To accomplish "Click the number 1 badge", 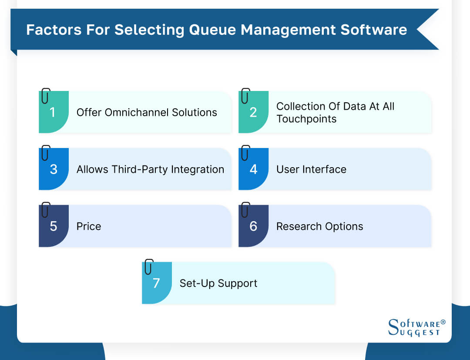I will [x=53, y=112].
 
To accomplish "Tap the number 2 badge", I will [x=253, y=112].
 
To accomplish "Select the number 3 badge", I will [x=53, y=169].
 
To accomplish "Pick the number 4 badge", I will [x=253, y=169].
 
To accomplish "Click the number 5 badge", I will [x=53, y=226].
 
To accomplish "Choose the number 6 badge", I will [x=253, y=226].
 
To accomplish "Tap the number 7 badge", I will [x=157, y=283].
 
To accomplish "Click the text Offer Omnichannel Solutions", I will [x=147, y=112].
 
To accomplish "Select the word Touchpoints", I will [x=306, y=119].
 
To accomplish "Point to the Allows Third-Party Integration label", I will [x=150, y=169].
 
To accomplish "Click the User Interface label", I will [x=311, y=169].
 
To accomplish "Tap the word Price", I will [x=89, y=226].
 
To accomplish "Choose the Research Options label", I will [x=319, y=226].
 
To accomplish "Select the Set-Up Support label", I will [x=218, y=283].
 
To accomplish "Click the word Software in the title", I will [x=373, y=30].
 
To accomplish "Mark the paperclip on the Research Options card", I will [x=245, y=210].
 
